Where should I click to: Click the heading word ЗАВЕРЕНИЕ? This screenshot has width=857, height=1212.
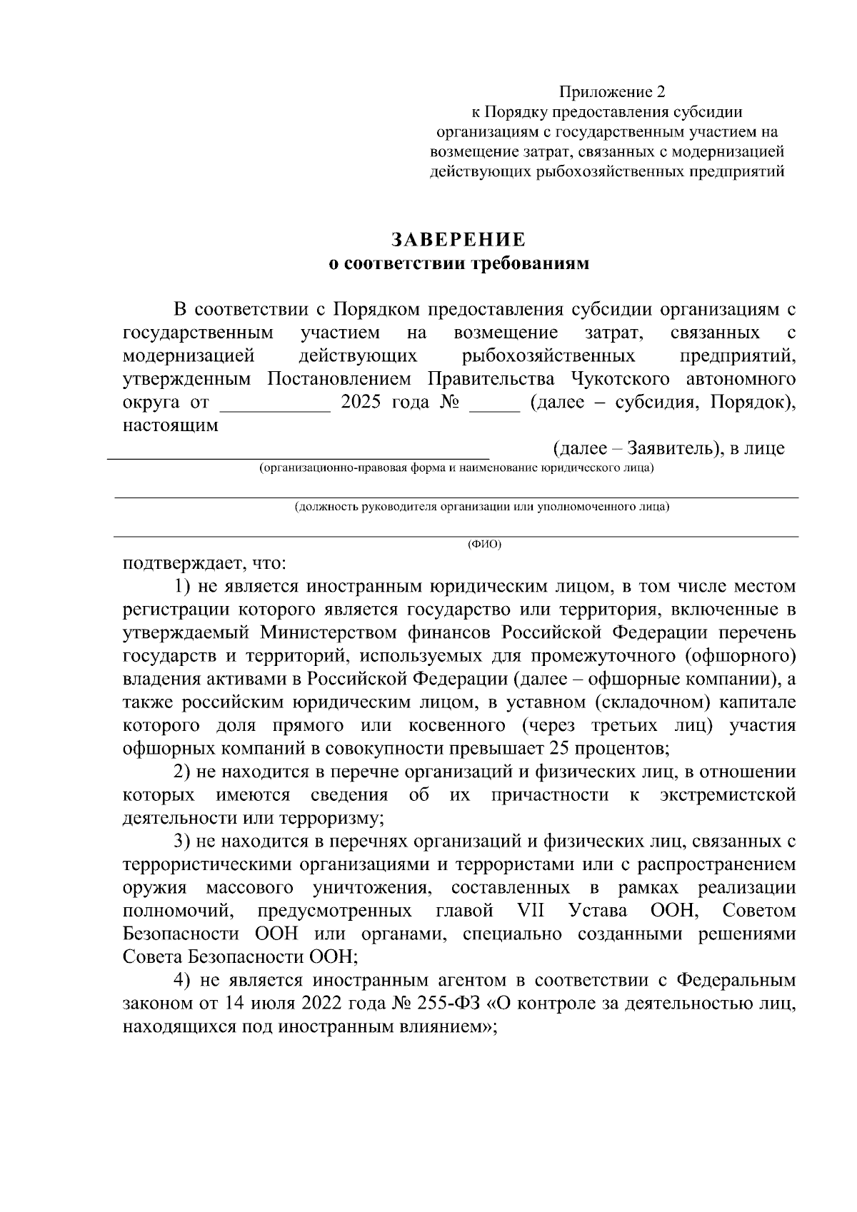coord(458,238)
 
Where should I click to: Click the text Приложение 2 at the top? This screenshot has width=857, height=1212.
coord(611,92)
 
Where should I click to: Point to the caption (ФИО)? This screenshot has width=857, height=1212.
coord(484,545)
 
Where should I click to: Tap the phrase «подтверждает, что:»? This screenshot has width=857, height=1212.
coord(204,564)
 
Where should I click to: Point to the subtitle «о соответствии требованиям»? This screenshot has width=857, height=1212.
coord(458,264)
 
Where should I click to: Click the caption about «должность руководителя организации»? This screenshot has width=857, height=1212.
coord(482,507)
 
